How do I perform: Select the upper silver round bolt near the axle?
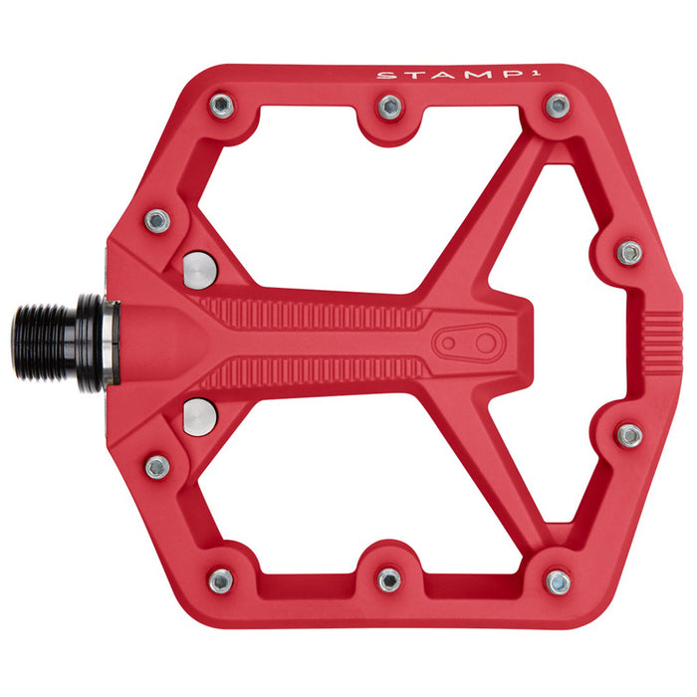199,267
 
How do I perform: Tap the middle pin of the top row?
389,107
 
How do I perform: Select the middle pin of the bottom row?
389,580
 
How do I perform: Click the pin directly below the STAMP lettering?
558,106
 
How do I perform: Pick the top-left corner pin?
221,107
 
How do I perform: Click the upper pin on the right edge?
629,252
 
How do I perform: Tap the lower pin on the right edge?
629,435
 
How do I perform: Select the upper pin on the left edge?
157,220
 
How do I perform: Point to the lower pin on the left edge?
157,466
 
